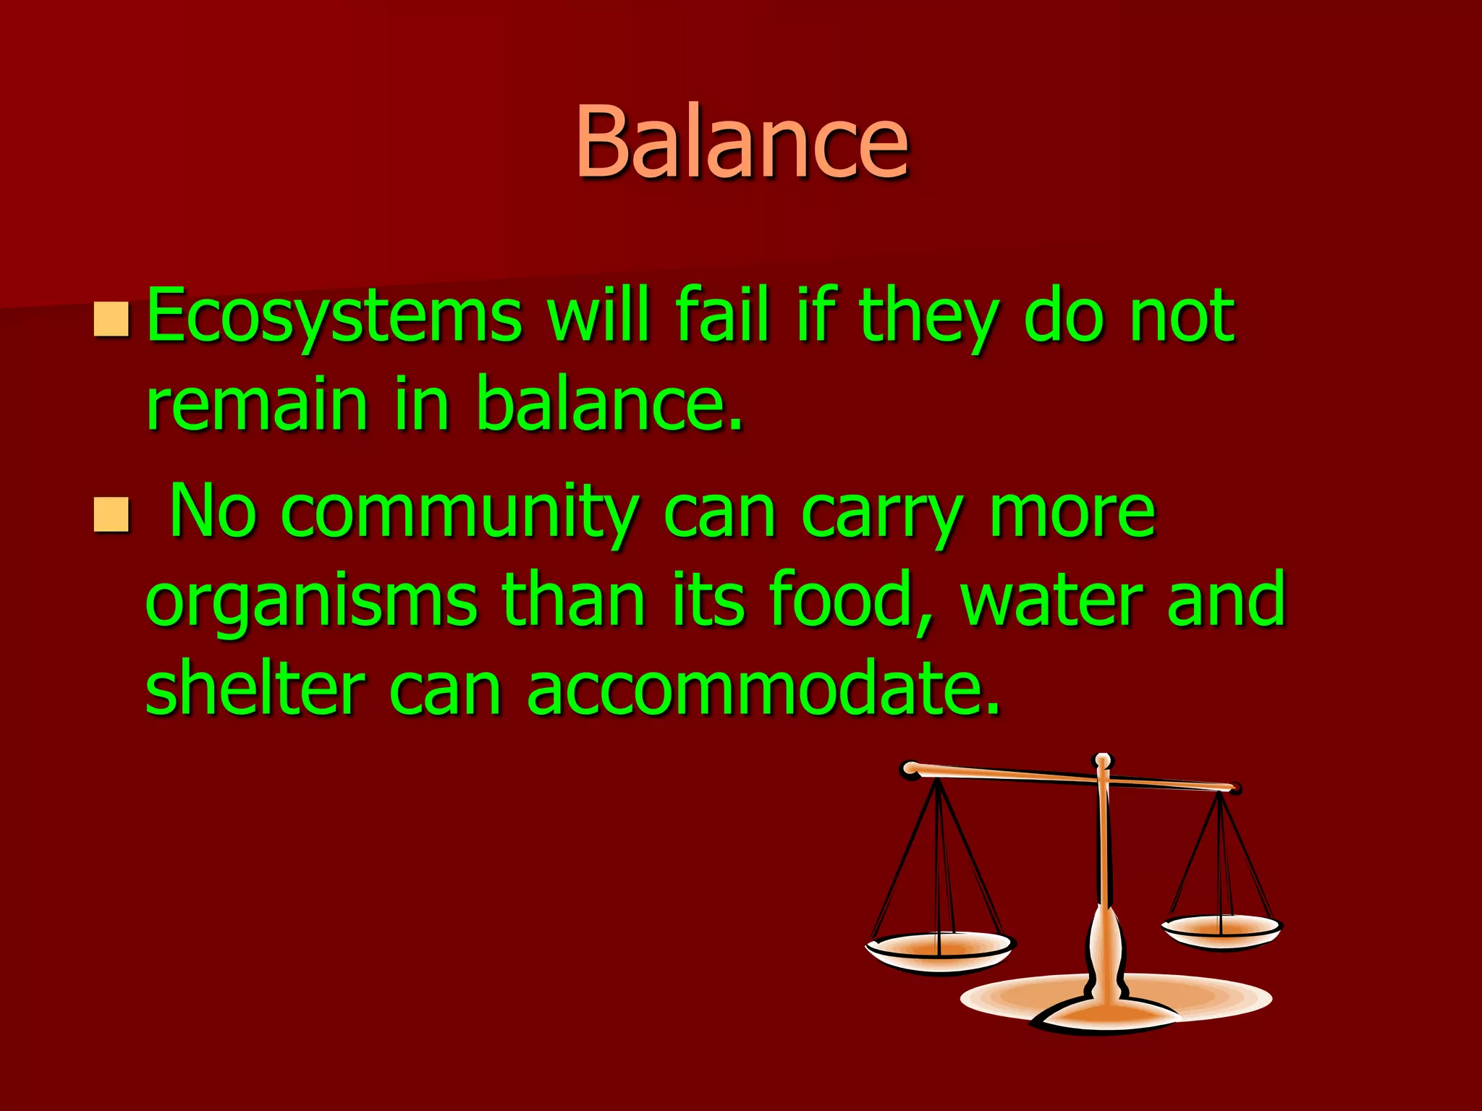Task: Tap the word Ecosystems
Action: (334, 316)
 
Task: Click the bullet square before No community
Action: (111, 514)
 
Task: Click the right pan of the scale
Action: (1221, 929)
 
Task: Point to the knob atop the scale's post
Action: (1103, 761)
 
